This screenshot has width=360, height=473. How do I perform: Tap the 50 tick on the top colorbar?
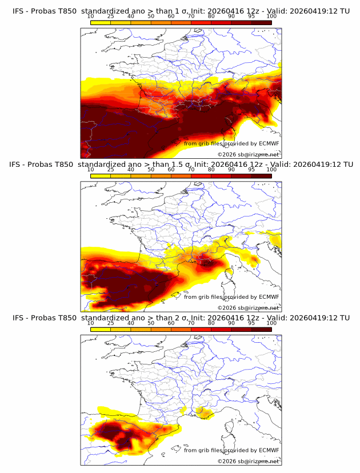pos(151,16)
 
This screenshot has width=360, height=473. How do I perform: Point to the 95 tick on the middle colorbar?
pos(251,170)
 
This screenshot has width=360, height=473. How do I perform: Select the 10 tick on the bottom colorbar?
pos(90,323)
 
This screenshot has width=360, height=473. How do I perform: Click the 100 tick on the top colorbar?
pos(271,16)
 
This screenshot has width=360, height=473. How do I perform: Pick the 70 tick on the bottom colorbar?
pos(191,323)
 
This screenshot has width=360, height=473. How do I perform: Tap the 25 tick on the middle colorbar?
pos(110,170)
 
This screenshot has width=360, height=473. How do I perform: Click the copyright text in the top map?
pos(248,154)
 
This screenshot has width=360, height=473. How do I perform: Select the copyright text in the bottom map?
pos(248,461)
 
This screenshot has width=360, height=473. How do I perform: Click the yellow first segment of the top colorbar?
pos(101,22)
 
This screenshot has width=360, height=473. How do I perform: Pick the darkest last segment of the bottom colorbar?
pos(261,330)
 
